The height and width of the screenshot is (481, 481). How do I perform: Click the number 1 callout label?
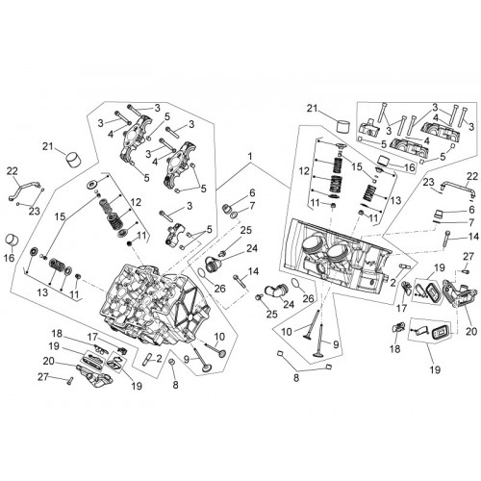250,157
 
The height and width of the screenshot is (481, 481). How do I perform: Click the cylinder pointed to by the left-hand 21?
73,160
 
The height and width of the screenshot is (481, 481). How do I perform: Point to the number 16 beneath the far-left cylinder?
10,257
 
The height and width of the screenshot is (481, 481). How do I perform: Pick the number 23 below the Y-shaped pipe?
35,211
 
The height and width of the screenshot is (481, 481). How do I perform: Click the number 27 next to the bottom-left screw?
44,377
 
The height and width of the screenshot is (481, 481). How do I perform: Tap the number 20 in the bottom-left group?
49,361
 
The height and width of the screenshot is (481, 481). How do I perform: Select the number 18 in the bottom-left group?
57,334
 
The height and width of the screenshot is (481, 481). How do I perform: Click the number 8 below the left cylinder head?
175,385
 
